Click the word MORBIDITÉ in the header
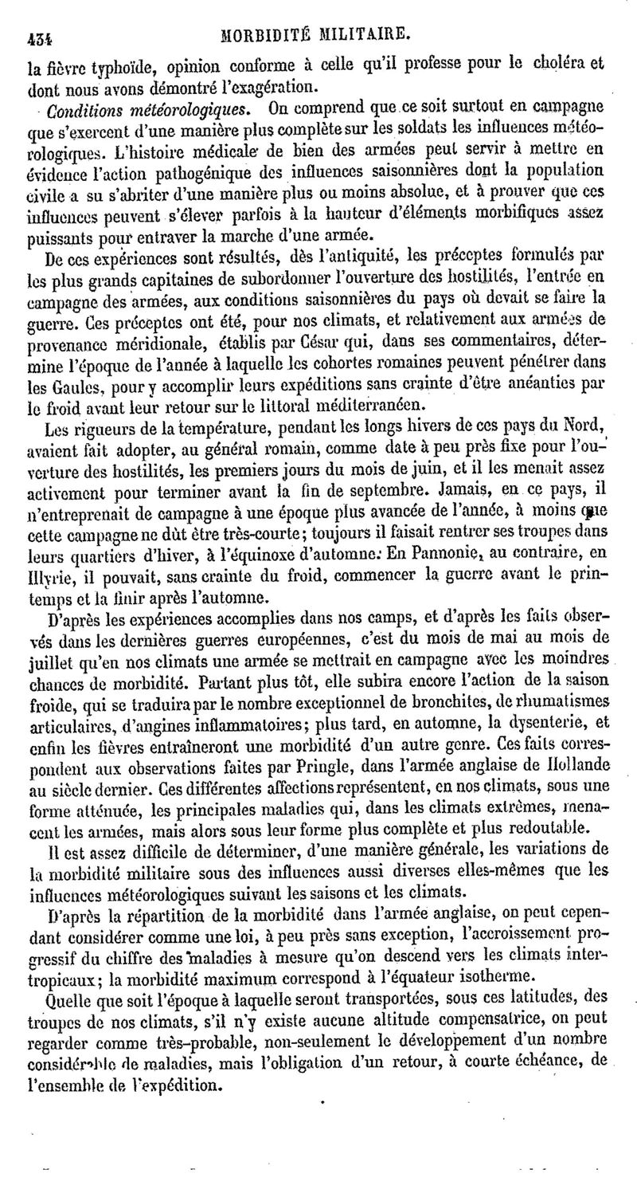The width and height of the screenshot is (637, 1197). click(267, 33)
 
